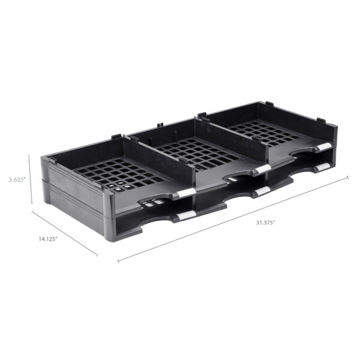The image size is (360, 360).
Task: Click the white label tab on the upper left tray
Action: pos(186,193)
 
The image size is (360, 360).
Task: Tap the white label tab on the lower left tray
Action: pos(185,215)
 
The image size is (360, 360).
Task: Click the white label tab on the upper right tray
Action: pos(323,147)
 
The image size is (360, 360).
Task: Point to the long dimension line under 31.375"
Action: pos(234,219)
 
